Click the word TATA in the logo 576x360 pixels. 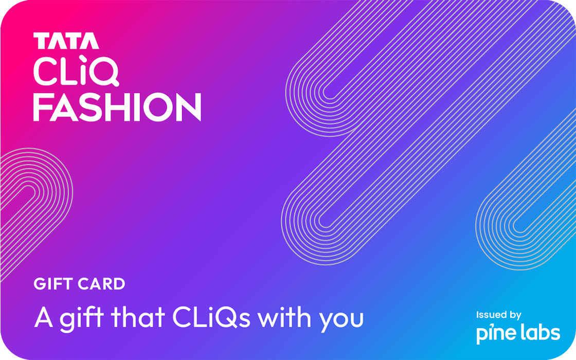click(66, 41)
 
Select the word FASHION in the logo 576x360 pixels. click(117, 107)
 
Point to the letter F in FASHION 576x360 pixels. click(43, 107)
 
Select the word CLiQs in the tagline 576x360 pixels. click(211, 317)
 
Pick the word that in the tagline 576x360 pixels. click(135, 317)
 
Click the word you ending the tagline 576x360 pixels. click(341, 320)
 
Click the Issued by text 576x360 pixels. click(498, 315)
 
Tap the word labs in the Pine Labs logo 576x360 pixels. click(539, 333)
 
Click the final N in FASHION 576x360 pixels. click(189, 107)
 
